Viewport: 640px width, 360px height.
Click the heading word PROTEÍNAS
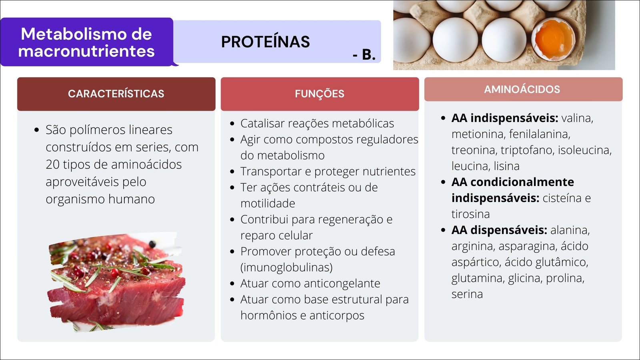(266, 42)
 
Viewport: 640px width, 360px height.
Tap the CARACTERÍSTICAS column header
(116, 94)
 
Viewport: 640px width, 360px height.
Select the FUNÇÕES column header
(320, 94)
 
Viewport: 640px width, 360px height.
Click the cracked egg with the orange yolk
(554, 39)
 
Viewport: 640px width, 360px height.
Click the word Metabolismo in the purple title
(86, 34)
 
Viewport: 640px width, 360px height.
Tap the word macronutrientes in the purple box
(86, 52)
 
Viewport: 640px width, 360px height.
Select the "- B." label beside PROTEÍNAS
(364, 54)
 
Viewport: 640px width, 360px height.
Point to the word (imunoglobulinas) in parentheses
(286, 268)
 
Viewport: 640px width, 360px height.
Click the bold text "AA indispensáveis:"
(504, 118)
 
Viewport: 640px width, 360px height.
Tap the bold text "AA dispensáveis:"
(499, 230)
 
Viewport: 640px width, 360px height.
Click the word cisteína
(562, 198)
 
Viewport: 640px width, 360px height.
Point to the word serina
(467, 294)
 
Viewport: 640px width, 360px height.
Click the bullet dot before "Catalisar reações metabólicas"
(232, 124)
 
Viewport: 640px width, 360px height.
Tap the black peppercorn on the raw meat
(152, 244)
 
